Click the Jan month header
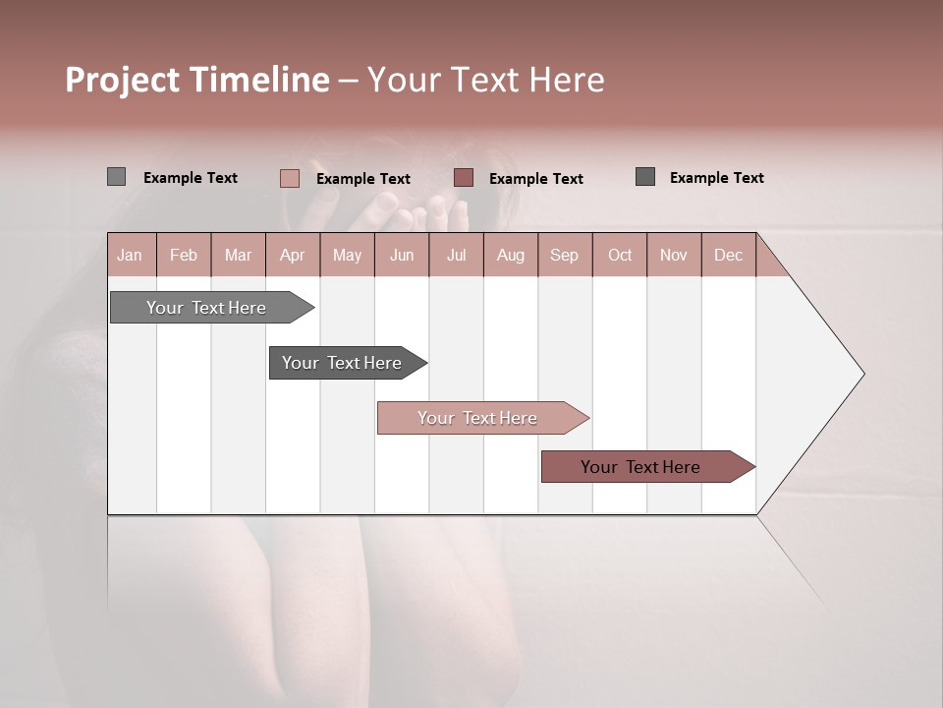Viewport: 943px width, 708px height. [x=130, y=255]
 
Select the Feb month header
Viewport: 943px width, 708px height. [x=184, y=255]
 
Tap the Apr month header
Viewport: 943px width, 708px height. [x=292, y=255]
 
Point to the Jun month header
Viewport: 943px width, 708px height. [x=402, y=255]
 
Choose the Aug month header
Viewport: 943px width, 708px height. [x=510, y=255]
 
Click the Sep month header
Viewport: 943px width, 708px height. [x=564, y=255]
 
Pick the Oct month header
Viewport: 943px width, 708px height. [x=620, y=255]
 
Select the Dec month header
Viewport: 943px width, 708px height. [x=728, y=255]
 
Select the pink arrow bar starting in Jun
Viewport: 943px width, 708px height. [x=478, y=418]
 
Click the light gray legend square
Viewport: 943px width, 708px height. [x=116, y=177]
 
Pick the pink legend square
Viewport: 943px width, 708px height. [x=289, y=178]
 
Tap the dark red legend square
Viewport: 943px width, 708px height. [x=464, y=177]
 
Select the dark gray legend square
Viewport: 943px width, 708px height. [x=645, y=177]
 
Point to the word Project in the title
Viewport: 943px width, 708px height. [x=123, y=80]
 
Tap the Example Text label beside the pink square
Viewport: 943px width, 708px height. [x=363, y=179]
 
